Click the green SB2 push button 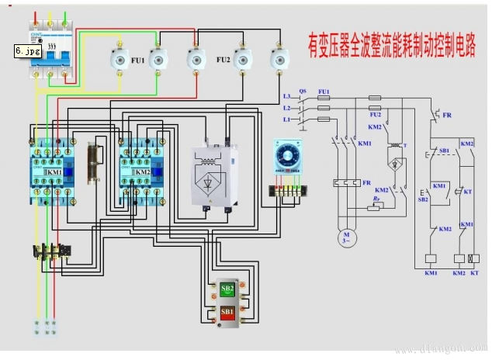pos(227,289)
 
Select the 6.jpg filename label pos(28,52)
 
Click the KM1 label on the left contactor pos(54,172)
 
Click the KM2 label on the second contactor pos(142,172)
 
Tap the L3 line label pos(286,96)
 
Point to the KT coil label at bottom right pos(474,273)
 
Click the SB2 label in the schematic pos(423,199)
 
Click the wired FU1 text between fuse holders pos(137,59)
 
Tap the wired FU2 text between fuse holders pos(223,59)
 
